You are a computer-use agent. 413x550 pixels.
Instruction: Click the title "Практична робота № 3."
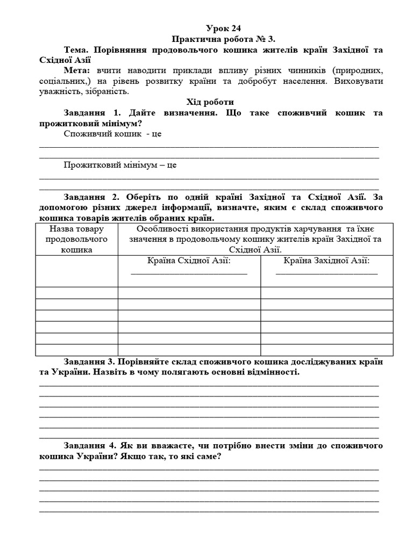223,39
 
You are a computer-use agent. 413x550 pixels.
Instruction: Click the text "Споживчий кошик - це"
112,134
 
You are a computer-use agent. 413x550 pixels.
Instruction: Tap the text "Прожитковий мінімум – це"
120,165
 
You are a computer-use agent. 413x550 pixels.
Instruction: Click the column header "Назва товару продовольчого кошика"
77,238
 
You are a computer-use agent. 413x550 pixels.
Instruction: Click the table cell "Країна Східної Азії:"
189,260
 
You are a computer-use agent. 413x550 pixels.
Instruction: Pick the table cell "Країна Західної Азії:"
326,260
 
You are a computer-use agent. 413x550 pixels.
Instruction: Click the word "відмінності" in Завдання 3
273,372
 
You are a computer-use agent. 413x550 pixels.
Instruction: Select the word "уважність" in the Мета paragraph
60,91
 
